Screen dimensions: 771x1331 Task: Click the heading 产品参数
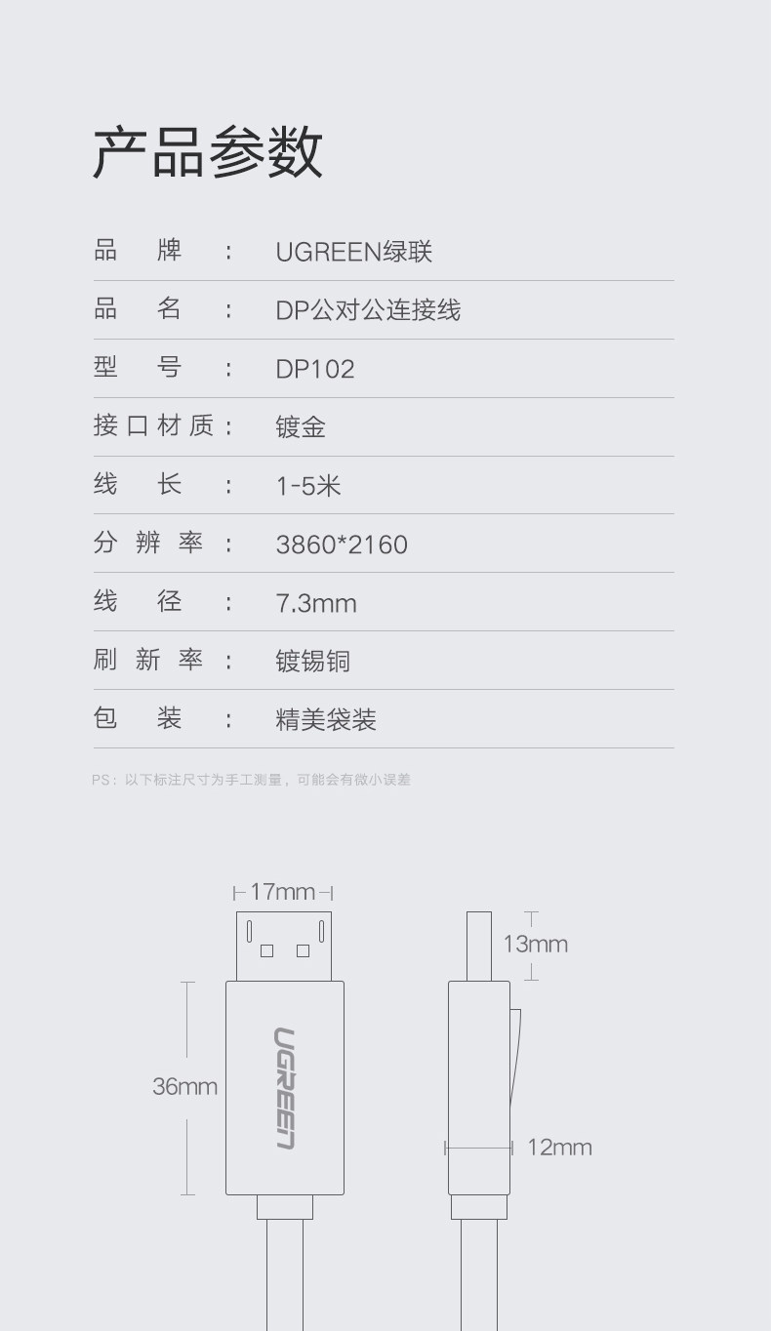pos(207,152)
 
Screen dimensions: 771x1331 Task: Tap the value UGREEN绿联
pos(353,252)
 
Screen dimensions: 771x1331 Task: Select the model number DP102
pos(315,369)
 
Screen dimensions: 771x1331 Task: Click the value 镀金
pos(301,427)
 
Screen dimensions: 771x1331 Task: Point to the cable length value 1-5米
pos(308,486)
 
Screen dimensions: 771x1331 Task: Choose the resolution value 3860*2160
pos(342,544)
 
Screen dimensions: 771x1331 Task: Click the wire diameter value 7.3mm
pos(316,603)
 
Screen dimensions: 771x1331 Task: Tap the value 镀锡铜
pos(312,662)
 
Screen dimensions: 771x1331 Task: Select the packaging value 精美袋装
pos(326,720)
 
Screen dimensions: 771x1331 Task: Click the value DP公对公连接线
pos(368,310)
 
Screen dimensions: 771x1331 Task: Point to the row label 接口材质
pos(153,425)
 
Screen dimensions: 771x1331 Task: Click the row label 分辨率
pos(148,543)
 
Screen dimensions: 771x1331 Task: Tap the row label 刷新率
pos(148,660)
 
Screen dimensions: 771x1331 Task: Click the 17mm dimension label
pos(282,892)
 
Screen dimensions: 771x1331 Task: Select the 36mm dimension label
pos(184,1086)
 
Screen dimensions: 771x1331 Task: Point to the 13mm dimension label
pos(535,944)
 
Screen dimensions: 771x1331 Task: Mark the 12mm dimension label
pos(559,1148)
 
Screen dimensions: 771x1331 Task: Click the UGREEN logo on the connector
pos(284,1088)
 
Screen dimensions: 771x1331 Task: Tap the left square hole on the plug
pos(266,950)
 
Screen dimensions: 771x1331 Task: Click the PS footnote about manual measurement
pos(251,780)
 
